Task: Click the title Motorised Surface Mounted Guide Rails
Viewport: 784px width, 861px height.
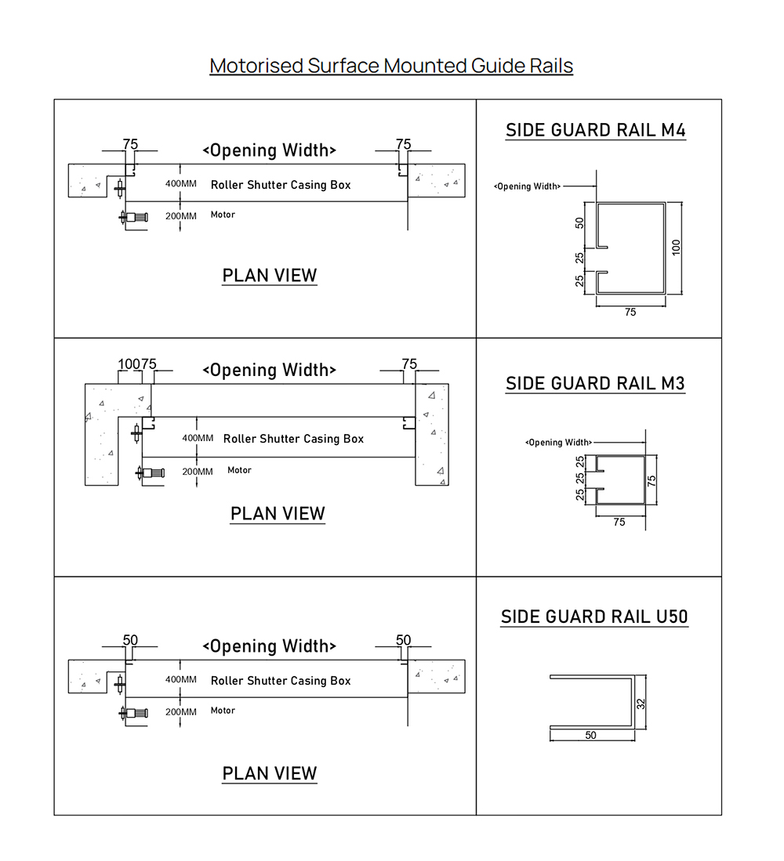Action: [391, 65]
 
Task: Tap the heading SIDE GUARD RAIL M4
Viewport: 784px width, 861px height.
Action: [596, 130]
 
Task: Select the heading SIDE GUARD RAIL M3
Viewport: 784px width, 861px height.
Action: [595, 383]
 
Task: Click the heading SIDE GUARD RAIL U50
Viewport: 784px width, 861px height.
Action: [594, 617]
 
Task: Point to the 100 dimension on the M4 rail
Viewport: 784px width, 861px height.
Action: [677, 247]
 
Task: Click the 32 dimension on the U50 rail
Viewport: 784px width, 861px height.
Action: [641, 704]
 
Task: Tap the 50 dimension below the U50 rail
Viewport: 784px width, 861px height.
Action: [590, 735]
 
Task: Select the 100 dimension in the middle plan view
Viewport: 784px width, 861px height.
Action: [129, 364]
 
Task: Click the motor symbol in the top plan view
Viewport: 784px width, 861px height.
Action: [133, 217]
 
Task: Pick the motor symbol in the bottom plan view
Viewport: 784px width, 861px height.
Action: [133, 713]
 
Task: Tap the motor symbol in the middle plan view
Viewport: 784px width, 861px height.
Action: [151, 472]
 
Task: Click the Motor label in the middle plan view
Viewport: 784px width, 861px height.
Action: [239, 470]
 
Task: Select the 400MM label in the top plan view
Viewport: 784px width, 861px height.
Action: [181, 183]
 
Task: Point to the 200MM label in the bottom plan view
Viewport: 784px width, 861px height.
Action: [181, 711]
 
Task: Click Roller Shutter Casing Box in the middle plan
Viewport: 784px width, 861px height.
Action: [293, 439]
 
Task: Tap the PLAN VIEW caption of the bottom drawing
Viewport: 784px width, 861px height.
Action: [269, 773]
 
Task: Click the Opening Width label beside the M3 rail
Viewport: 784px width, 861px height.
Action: [559, 442]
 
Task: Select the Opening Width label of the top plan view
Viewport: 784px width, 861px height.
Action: [269, 150]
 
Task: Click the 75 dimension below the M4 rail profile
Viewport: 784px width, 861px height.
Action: [630, 312]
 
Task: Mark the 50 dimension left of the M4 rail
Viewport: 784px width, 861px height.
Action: [579, 223]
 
